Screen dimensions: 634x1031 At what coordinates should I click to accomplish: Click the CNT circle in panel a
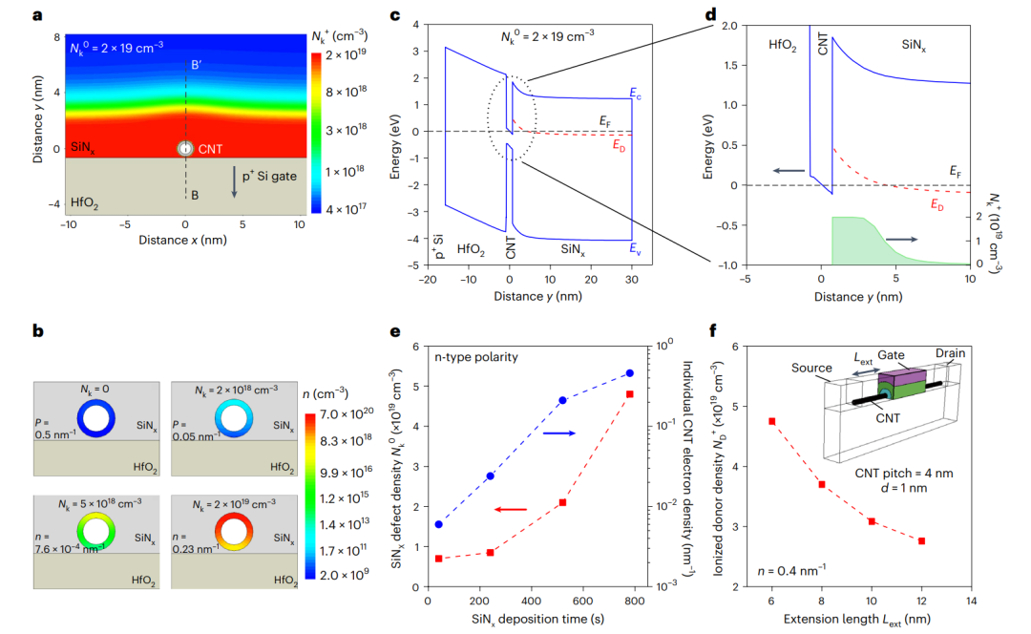pos(185,149)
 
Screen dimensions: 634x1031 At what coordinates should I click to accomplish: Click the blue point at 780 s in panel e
pos(629,373)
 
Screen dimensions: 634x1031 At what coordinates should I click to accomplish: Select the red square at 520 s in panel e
pos(563,502)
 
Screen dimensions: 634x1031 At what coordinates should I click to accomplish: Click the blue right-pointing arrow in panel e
pos(558,433)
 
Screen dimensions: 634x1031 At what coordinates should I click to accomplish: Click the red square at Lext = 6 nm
pos(771,421)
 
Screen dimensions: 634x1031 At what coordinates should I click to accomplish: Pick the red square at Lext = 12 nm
pos(920,541)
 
